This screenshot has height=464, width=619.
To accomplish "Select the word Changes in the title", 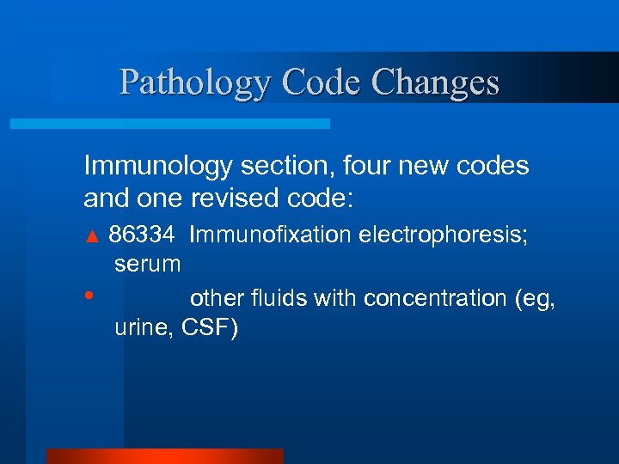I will pyautogui.click(x=437, y=83).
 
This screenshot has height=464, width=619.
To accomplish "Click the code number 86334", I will pyautogui.click(x=143, y=235).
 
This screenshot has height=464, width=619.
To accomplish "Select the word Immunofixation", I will pyautogui.click(x=270, y=235).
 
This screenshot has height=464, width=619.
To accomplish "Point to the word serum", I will pyautogui.click(x=147, y=264).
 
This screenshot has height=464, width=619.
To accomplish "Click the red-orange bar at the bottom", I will pyautogui.click(x=164, y=456).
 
